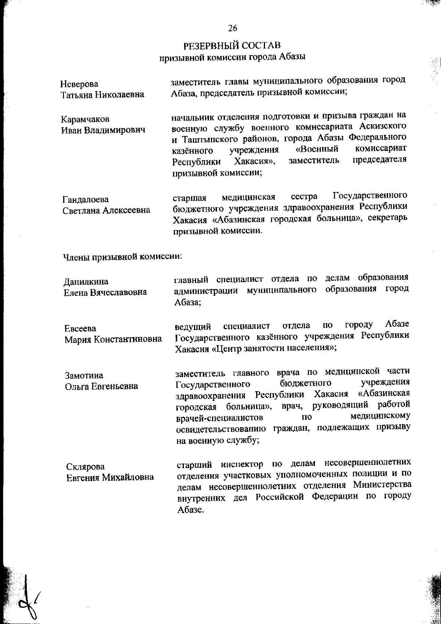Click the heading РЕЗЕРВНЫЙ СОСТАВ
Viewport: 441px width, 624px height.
coord(232,46)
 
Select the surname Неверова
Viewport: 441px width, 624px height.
coord(79,84)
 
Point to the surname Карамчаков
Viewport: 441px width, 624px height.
coord(85,119)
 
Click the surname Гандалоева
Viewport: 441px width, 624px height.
coord(86,200)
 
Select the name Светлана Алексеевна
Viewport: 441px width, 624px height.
coord(106,210)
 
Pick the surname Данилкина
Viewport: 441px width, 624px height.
coord(86,281)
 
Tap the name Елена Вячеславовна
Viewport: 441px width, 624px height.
coord(105,292)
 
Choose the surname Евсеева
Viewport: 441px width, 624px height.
coord(80,328)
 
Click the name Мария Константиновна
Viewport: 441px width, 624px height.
coord(114,339)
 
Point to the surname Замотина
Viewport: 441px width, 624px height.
coord(84,376)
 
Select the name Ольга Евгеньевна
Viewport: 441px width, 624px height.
coord(101,386)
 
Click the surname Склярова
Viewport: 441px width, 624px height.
coord(85,467)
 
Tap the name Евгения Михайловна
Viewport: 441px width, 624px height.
coord(110,477)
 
